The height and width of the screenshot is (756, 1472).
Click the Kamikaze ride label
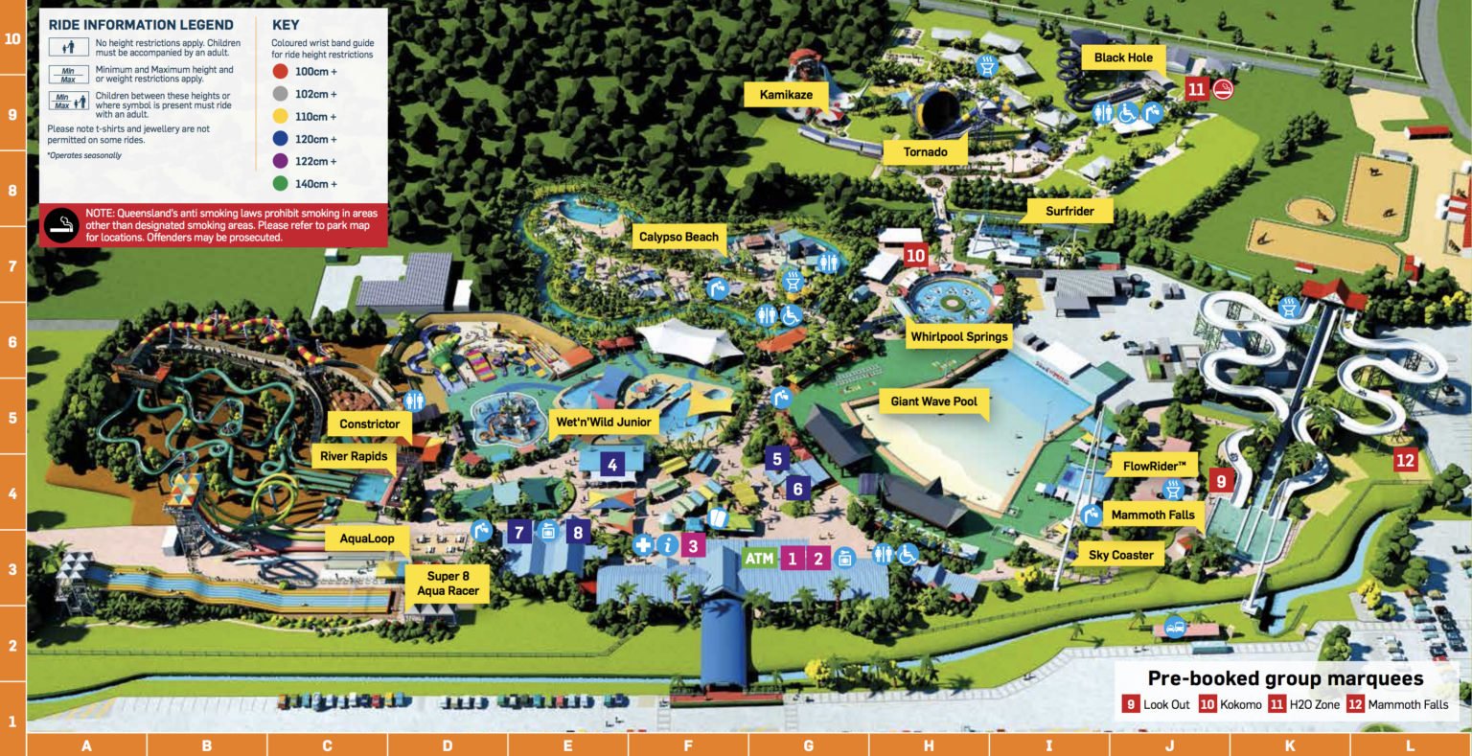[x=786, y=95]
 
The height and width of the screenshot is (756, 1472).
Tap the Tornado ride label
[x=925, y=151]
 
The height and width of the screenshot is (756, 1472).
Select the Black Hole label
[x=1123, y=57]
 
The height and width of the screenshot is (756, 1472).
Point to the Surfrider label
[x=1069, y=211]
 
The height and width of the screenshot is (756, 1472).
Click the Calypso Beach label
[x=678, y=237]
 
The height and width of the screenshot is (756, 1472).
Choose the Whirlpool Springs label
[x=959, y=336]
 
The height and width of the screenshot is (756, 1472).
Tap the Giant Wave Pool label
[x=933, y=401]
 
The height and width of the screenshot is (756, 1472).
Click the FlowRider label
[x=1161, y=467]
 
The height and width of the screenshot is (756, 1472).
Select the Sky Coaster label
[x=1120, y=555]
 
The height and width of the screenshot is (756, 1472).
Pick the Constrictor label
[x=369, y=424]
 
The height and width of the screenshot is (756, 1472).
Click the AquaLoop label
[x=367, y=538]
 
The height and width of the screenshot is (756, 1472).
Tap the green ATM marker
[x=758, y=559]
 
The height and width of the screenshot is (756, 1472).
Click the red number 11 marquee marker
[x=1196, y=89]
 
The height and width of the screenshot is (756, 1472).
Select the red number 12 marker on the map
[x=1405, y=460]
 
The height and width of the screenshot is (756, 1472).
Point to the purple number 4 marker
[x=610, y=466]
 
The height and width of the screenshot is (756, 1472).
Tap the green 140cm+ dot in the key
[x=279, y=184]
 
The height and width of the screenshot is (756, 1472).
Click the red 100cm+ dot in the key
[x=279, y=72]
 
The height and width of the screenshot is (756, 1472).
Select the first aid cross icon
[x=643, y=545]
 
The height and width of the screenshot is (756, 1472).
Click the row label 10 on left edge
[x=12, y=39]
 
